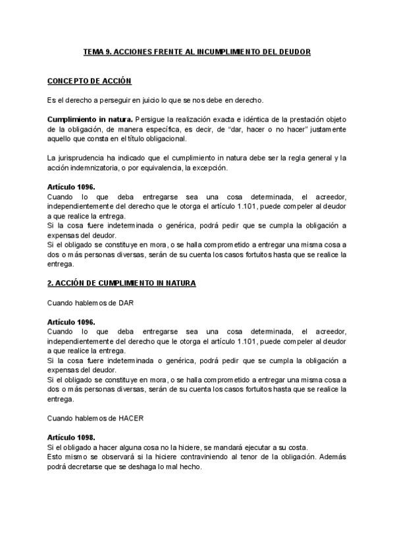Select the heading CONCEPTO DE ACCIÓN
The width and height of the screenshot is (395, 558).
click(90, 81)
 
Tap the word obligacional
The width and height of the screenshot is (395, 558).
click(167, 139)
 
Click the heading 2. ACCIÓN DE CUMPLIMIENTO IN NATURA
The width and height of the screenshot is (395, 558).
click(122, 283)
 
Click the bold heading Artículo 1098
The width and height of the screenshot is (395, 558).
click(71, 438)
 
